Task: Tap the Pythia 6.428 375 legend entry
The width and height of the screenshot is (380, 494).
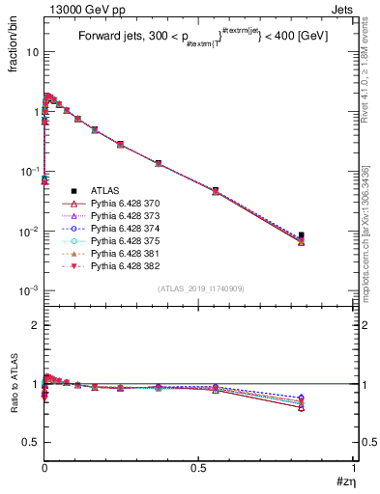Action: (x=121, y=248)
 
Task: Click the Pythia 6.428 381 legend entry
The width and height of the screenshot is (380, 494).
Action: (x=121, y=262)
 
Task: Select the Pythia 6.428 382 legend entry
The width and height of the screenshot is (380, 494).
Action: (x=121, y=277)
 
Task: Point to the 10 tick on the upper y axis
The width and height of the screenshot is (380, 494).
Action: (x=33, y=52)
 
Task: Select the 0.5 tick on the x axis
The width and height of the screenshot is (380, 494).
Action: (x=199, y=470)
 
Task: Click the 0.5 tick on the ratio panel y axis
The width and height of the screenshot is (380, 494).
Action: (x=30, y=442)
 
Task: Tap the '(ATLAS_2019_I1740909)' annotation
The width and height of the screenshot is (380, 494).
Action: (x=200, y=289)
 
